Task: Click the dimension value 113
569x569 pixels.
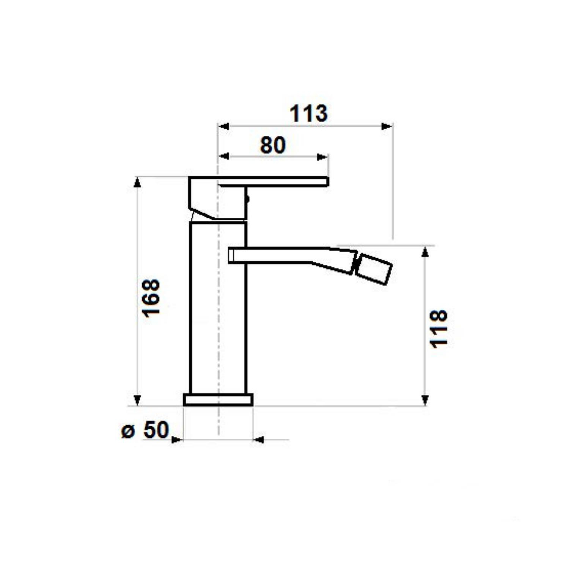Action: pyautogui.click(x=308, y=113)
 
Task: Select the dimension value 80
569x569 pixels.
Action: pyautogui.click(x=273, y=145)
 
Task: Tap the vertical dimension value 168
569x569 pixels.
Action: pyautogui.click(x=151, y=298)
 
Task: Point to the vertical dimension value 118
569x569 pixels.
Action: pyautogui.click(x=439, y=329)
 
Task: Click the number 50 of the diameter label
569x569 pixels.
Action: pyautogui.click(x=156, y=430)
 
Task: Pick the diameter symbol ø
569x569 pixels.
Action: pyautogui.click(x=128, y=431)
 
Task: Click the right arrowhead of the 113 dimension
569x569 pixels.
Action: pyautogui.click(x=387, y=126)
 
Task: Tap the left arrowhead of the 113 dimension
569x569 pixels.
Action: pyautogui.click(x=224, y=126)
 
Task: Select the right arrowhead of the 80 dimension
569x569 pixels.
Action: pyautogui.click(x=322, y=157)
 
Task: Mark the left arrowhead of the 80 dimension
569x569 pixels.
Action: pyautogui.click(x=224, y=157)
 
